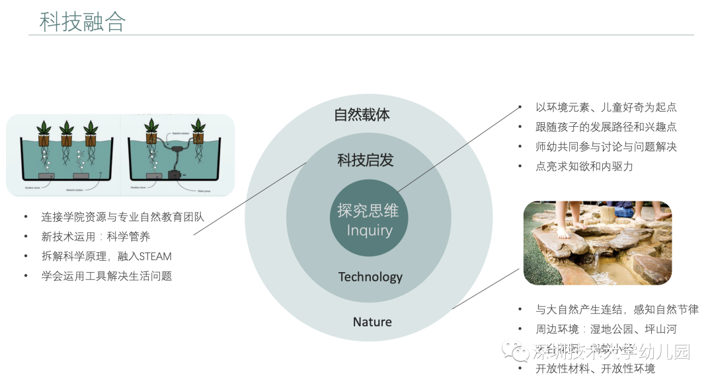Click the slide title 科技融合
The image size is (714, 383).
[83, 22]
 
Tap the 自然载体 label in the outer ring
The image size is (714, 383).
[362, 115]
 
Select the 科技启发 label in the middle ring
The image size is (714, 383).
[366, 160]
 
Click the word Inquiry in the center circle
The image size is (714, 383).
[370, 230]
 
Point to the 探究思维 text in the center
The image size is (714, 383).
[368, 211]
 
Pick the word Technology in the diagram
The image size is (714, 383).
[370, 277]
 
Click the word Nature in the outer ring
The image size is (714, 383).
[372, 322]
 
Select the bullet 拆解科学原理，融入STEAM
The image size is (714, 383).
[106, 256]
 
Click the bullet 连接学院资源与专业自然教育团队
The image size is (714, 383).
[123, 217]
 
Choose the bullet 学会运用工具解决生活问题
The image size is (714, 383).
[106, 276]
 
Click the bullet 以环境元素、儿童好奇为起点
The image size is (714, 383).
[606, 107]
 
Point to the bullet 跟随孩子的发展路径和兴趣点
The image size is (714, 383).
[606, 127]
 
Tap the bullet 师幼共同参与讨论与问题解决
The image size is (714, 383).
[606, 147]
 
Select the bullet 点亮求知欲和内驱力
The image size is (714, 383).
[584, 166]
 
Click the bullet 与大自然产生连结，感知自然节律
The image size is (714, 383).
[617, 309]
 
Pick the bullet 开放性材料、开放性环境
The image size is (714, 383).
[595, 368]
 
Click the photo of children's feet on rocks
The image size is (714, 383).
[597, 243]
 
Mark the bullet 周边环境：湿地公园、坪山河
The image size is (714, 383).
[606, 329]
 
